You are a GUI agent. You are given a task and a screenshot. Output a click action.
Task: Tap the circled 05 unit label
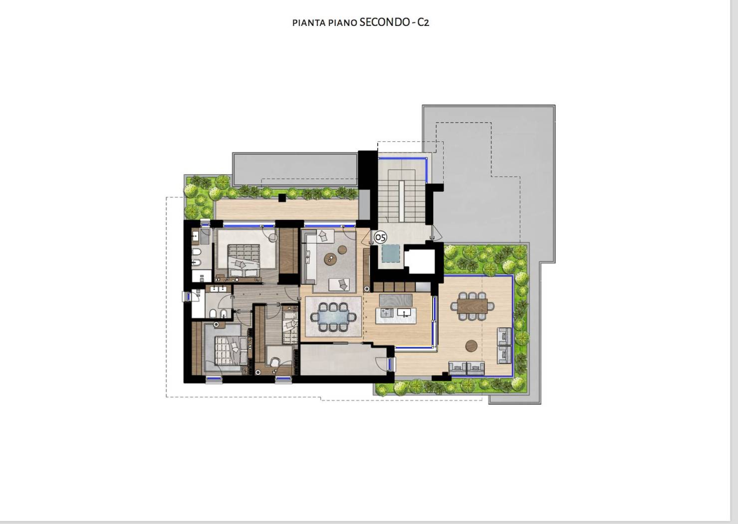(x=381, y=237)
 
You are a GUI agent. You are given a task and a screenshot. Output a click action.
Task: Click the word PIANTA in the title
(x=309, y=23)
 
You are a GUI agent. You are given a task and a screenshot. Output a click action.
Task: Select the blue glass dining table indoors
(x=333, y=317)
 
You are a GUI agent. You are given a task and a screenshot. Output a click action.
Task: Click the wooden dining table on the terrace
(x=472, y=306)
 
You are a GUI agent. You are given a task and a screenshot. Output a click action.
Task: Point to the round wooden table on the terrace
(x=472, y=346)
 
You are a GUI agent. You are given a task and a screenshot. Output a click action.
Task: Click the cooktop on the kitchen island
(x=386, y=313)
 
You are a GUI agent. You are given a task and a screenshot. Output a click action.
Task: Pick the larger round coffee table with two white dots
(x=330, y=259)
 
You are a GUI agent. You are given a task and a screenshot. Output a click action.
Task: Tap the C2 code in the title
(x=423, y=22)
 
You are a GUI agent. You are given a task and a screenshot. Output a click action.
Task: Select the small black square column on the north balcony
(x=282, y=198)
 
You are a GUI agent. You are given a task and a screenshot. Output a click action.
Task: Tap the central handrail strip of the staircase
(x=402, y=201)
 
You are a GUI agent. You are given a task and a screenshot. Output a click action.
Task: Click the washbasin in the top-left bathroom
(x=195, y=236)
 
